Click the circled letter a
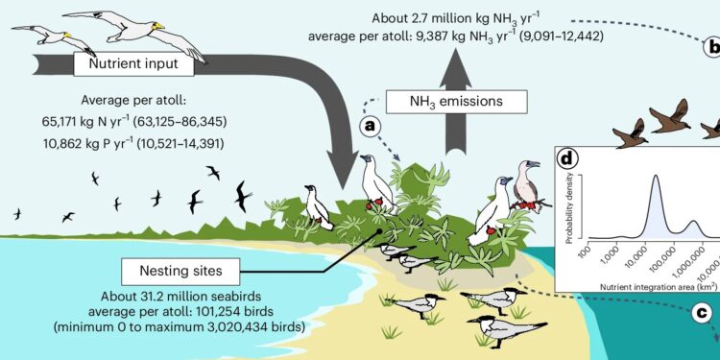pyautogui.click(x=368, y=124)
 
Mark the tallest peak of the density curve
pyautogui.click(x=655, y=178)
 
